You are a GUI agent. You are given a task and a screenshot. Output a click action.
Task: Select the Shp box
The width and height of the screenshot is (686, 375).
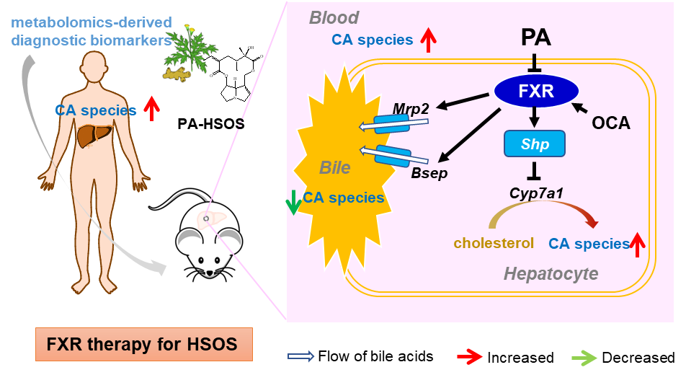(535, 144)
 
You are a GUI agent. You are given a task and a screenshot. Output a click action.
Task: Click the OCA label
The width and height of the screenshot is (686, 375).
(611, 123)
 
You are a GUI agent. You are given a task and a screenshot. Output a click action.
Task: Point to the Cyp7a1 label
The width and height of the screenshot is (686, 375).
(535, 194)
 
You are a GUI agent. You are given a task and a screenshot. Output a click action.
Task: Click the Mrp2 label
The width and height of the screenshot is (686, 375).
(411, 108)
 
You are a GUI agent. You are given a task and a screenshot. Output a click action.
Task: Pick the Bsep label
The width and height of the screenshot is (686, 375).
(429, 175)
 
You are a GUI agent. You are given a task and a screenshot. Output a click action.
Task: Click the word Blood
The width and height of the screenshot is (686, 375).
(334, 17)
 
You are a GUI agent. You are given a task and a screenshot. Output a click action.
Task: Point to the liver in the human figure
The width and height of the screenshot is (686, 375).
(92, 136)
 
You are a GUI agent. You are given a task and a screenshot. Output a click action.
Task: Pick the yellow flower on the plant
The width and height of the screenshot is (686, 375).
(190, 30)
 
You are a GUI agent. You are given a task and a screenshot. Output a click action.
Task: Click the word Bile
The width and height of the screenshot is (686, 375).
(335, 168)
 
